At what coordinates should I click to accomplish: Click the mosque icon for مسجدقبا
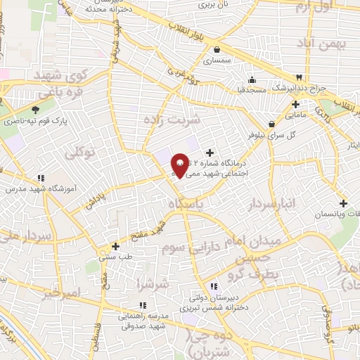coord(252,79)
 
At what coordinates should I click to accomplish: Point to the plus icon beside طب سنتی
coord(116,246)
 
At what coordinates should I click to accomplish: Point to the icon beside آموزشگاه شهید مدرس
coord(41,178)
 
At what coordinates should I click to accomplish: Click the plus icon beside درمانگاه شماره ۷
coord(209,152)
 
